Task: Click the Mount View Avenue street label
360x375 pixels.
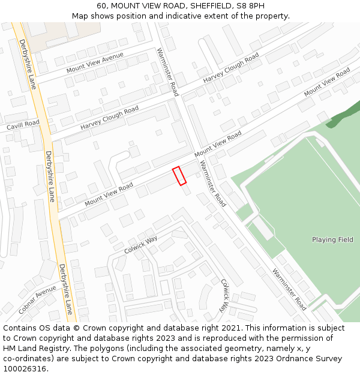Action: click(x=95, y=62)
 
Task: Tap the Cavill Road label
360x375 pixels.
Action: click(x=23, y=125)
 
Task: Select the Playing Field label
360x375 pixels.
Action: click(x=332, y=240)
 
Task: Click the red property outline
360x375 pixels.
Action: click(x=179, y=176)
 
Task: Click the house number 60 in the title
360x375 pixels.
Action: click(x=101, y=5)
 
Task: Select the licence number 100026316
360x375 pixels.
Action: click(x=24, y=369)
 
